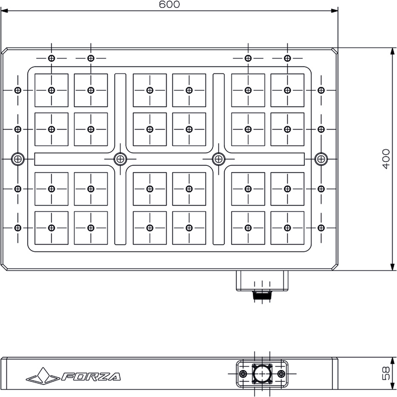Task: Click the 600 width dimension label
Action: coord(169,4)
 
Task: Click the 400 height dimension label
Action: coord(386,159)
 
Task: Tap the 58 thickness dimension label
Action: coord(386,373)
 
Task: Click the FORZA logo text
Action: coord(91,376)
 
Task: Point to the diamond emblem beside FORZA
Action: coord(43,375)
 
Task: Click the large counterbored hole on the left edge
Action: coord(18,159)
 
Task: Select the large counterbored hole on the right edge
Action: coord(321,159)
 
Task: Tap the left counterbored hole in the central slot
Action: coord(120,159)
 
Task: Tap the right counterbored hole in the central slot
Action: coord(219,159)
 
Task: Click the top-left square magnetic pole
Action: coord(52,90)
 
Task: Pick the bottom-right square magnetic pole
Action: coord(287,228)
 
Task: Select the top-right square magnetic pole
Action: coord(287,90)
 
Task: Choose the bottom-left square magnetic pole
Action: coord(52,228)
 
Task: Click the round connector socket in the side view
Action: coord(262,374)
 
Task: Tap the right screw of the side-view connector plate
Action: coord(281,373)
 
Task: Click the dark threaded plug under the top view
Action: coord(262,295)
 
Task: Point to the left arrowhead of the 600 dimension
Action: coord(4,10)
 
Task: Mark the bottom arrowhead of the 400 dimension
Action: coord(392,267)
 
